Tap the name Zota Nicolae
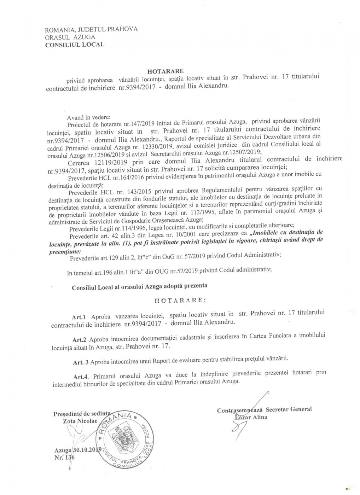pyautogui.click(x=80, y=421)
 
